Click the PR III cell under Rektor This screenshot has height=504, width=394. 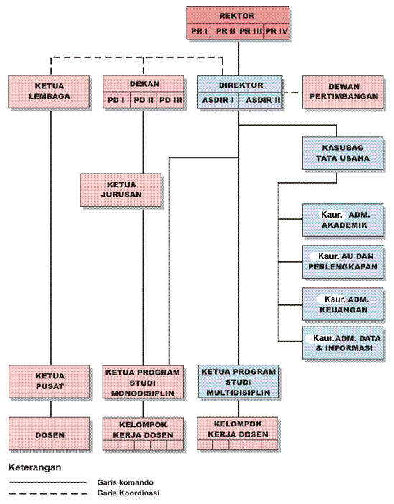[x=250, y=31]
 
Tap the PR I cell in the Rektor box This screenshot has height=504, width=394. [x=200, y=31]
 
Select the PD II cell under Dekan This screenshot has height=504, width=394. [x=143, y=100]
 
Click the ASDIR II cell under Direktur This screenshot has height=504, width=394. [x=261, y=100]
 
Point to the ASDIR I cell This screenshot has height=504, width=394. [x=218, y=100]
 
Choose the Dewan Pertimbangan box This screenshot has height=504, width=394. [x=342, y=92]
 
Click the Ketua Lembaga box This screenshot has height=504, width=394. [x=49, y=92]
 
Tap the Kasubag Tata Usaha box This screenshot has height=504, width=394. [x=342, y=154]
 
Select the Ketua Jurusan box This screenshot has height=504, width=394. [x=121, y=190]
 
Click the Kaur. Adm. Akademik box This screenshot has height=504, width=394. [x=342, y=220]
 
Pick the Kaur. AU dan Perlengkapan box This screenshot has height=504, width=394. [x=342, y=261]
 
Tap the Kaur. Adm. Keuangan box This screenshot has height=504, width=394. [x=342, y=304]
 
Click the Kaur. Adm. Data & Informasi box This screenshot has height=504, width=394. [x=342, y=343]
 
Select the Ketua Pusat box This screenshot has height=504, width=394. [x=50, y=381]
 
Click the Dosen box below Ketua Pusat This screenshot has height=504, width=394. [x=50, y=434]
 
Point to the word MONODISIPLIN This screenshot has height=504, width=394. [x=143, y=393]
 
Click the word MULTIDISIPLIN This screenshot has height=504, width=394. [x=238, y=393]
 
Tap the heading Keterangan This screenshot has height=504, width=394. [x=34, y=467]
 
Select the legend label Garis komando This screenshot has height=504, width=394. [x=126, y=482]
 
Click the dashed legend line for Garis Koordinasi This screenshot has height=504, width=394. [x=48, y=493]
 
